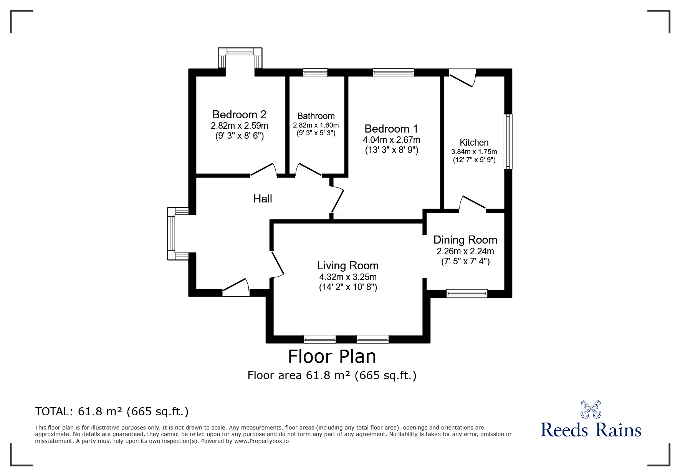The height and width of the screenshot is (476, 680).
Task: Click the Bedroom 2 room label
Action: [x=239, y=114]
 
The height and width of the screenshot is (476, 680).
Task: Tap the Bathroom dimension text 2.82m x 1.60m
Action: [x=316, y=125]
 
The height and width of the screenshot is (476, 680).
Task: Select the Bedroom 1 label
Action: [x=391, y=129]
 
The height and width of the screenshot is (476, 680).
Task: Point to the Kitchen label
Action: [x=474, y=143]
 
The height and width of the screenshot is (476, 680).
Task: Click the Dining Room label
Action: [x=465, y=240]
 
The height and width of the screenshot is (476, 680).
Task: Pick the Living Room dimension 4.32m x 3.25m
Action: [x=347, y=277]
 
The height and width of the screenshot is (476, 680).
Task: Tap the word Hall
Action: [x=263, y=199]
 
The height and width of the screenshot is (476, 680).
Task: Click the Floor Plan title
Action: [x=332, y=356]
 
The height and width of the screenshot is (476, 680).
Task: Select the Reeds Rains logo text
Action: [x=591, y=430]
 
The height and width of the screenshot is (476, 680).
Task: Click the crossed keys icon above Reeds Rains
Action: [x=591, y=409]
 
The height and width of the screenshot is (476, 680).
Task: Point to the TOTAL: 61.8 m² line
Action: [x=112, y=411]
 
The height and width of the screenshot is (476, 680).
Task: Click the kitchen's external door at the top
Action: [x=462, y=77]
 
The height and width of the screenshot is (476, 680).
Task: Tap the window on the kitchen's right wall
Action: [x=508, y=141]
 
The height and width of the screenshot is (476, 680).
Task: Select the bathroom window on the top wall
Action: [x=315, y=73]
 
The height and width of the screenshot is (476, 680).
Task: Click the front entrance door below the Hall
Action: [x=236, y=289]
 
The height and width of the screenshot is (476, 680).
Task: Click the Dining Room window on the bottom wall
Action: [x=467, y=294]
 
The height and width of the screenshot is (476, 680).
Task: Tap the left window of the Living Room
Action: [x=319, y=339]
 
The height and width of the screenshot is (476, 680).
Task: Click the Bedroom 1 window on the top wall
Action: [x=393, y=73]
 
